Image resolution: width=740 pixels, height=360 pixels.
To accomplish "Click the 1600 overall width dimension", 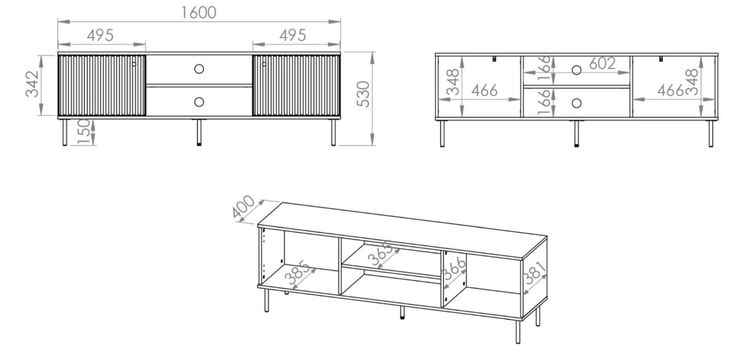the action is (x=199, y=13).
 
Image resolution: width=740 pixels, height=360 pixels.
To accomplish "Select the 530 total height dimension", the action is (x=364, y=94).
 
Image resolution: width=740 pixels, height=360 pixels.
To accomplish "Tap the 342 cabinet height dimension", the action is (x=32, y=84).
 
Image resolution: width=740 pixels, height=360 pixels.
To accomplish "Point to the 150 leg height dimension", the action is (x=84, y=132).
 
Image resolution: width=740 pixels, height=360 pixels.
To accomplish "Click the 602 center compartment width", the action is (x=602, y=63).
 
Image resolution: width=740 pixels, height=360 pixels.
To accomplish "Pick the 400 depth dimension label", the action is (x=243, y=207).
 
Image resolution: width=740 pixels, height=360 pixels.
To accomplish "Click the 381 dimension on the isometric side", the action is (x=534, y=273).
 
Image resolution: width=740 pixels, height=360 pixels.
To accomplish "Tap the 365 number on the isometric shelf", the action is (x=381, y=254).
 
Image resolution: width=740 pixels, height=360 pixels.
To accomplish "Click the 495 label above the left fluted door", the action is (x=100, y=35).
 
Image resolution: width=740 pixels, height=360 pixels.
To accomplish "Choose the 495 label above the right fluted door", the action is (x=293, y=35).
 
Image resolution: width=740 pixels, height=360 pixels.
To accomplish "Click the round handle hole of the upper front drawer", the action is (x=199, y=69).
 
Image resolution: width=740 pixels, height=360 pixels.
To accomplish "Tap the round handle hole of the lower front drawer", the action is (x=199, y=102).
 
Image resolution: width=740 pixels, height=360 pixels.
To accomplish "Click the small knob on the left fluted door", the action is (x=134, y=64).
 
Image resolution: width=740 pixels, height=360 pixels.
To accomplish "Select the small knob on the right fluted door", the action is (x=264, y=64).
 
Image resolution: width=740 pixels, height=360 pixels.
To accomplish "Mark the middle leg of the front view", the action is (x=199, y=132).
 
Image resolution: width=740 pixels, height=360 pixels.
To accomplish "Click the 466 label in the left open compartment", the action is (x=484, y=90).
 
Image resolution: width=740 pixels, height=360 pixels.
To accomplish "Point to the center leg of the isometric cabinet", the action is (x=402, y=313).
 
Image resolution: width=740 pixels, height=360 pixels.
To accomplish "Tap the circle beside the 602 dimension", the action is (x=577, y=70).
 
